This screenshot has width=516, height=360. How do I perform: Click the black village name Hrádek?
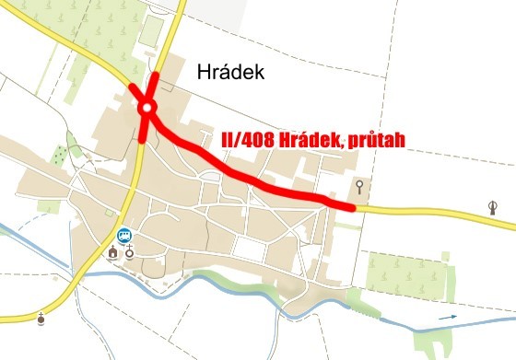tap(231, 73)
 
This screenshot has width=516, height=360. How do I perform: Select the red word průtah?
tap(374, 141)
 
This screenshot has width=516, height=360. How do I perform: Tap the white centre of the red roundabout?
tap(147, 110)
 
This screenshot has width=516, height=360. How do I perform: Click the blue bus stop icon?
tap(124, 234)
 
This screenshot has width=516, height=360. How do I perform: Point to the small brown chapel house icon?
tap(113, 251)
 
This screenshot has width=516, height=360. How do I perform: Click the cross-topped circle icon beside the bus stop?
tap(130, 251)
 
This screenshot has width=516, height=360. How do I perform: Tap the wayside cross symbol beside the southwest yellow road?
tap(41, 319)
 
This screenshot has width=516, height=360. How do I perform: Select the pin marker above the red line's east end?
tap(358, 189)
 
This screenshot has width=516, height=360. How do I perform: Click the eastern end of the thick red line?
tap(353, 208)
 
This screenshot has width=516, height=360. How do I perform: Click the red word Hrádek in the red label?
tap(313, 141)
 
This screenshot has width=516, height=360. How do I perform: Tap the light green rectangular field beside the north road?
tap(149, 31)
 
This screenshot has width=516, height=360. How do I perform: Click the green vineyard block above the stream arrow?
tap(405, 273)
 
